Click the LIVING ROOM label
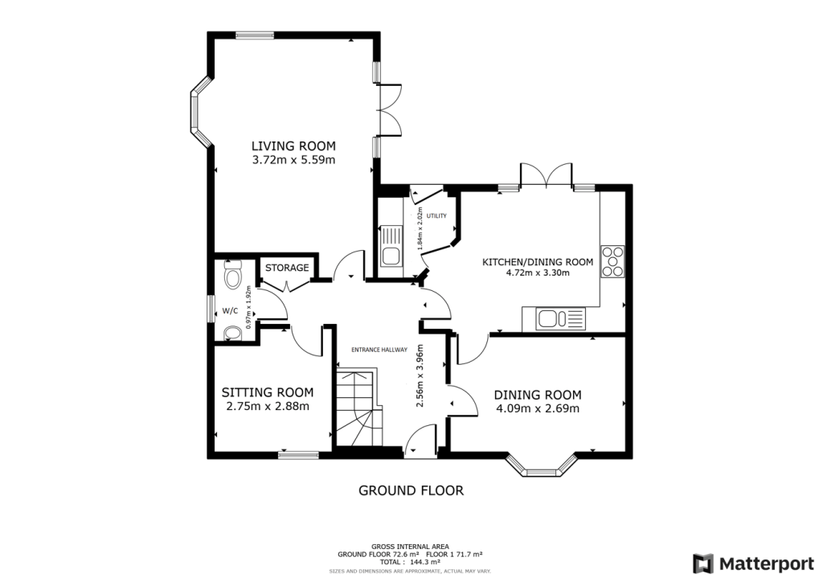[293, 145]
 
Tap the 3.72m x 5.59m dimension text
[293, 160]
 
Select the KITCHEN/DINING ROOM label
[538, 262]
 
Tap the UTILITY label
[436, 216]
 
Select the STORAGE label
[287, 268]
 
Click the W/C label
[231, 309]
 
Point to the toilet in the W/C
[232, 277]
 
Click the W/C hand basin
[231, 334]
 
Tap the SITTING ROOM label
[268, 392]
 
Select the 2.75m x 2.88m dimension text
[268, 407]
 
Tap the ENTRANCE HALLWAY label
[379, 350]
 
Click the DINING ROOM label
[537, 395]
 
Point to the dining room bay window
[543, 467]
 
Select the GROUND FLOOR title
[411, 490]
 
